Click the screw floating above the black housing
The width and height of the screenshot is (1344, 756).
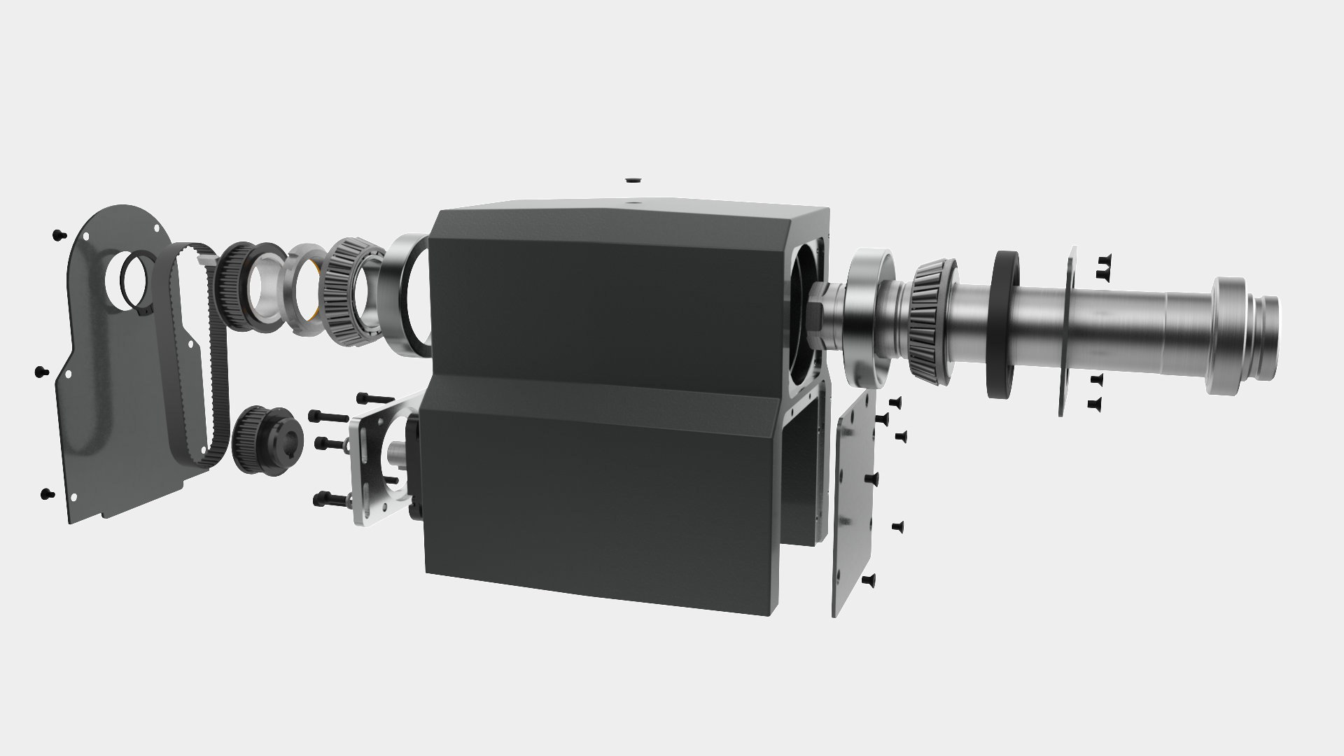click(x=633, y=180)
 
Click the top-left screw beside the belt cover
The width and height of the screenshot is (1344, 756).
click(x=57, y=234)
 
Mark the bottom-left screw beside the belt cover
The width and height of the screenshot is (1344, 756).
click(x=48, y=493)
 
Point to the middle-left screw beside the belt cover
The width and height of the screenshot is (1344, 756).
click(x=40, y=371)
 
